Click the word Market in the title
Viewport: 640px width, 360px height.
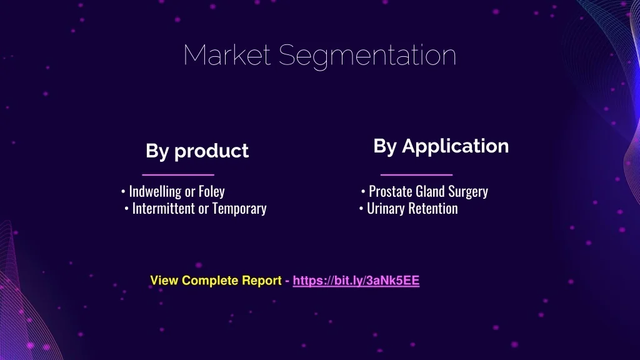(227, 55)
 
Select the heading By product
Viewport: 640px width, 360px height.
(197, 151)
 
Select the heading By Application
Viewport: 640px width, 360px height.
(441, 146)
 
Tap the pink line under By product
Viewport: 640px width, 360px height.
(178, 175)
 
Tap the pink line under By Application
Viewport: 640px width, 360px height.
(416, 175)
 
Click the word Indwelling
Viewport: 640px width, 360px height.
(155, 191)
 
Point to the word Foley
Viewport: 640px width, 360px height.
(211, 191)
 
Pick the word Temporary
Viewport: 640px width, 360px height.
(239, 209)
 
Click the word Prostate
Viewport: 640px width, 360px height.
(390, 191)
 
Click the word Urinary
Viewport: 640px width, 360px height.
(386, 209)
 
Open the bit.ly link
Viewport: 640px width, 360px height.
(356, 281)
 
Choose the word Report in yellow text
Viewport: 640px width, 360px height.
(262, 281)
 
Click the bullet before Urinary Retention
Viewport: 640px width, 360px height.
(361, 209)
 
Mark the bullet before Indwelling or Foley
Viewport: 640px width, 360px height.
(123, 191)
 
